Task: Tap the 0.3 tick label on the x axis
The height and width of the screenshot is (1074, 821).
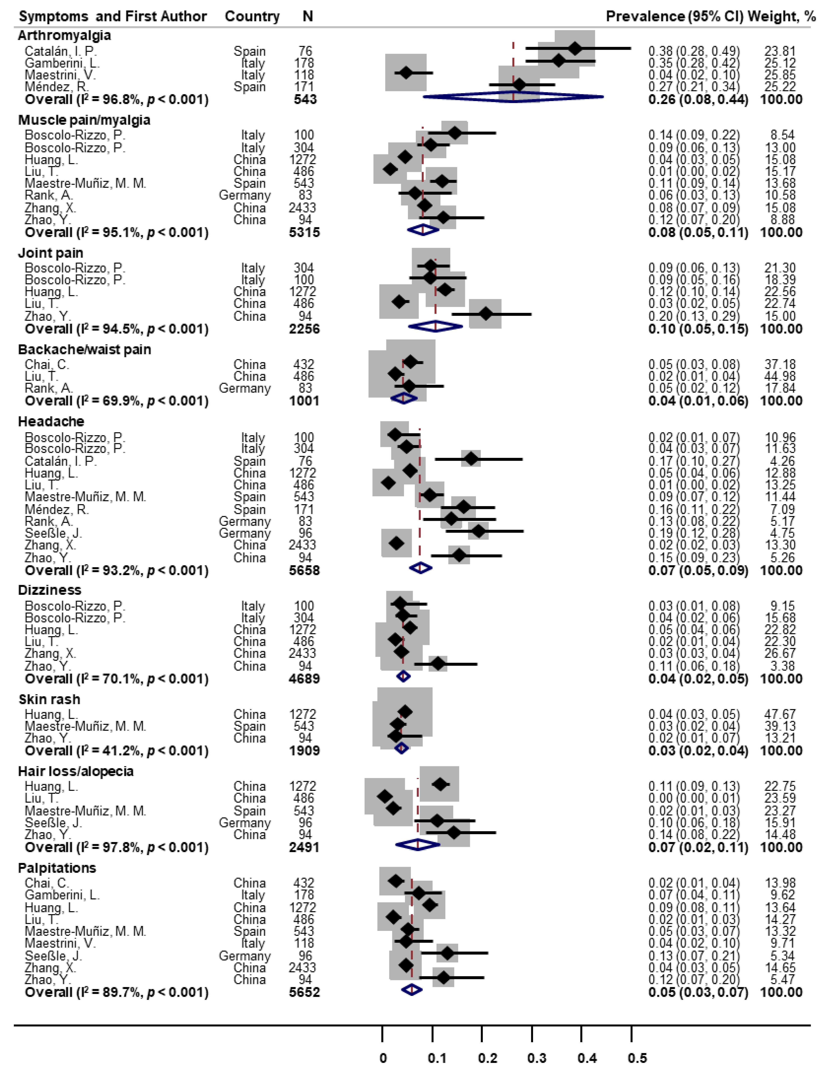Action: coord(537,1058)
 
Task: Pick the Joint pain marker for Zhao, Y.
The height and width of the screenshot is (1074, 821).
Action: coord(485,314)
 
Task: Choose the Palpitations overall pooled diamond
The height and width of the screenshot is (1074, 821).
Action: coord(412,990)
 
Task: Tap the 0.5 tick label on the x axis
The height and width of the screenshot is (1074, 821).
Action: coord(637,1058)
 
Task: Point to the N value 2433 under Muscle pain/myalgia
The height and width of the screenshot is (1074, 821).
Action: coord(302,208)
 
